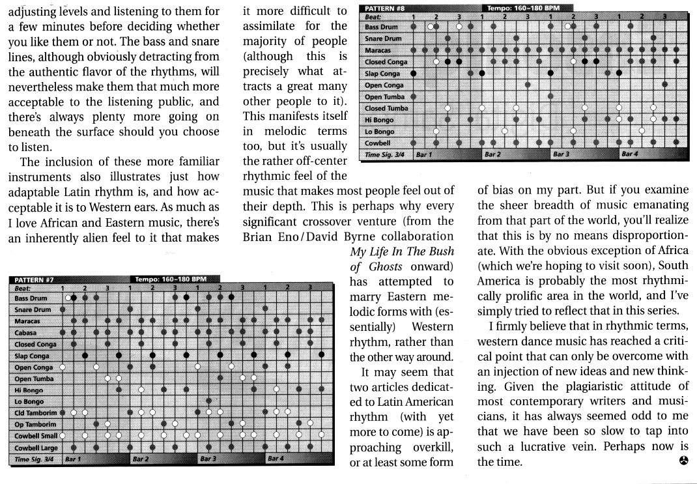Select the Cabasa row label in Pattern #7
pyautogui.click(x=26, y=332)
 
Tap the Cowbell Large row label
pyautogui.click(x=35, y=448)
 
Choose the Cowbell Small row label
pyautogui.click(x=36, y=436)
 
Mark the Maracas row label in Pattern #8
pyautogui.click(x=378, y=50)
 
